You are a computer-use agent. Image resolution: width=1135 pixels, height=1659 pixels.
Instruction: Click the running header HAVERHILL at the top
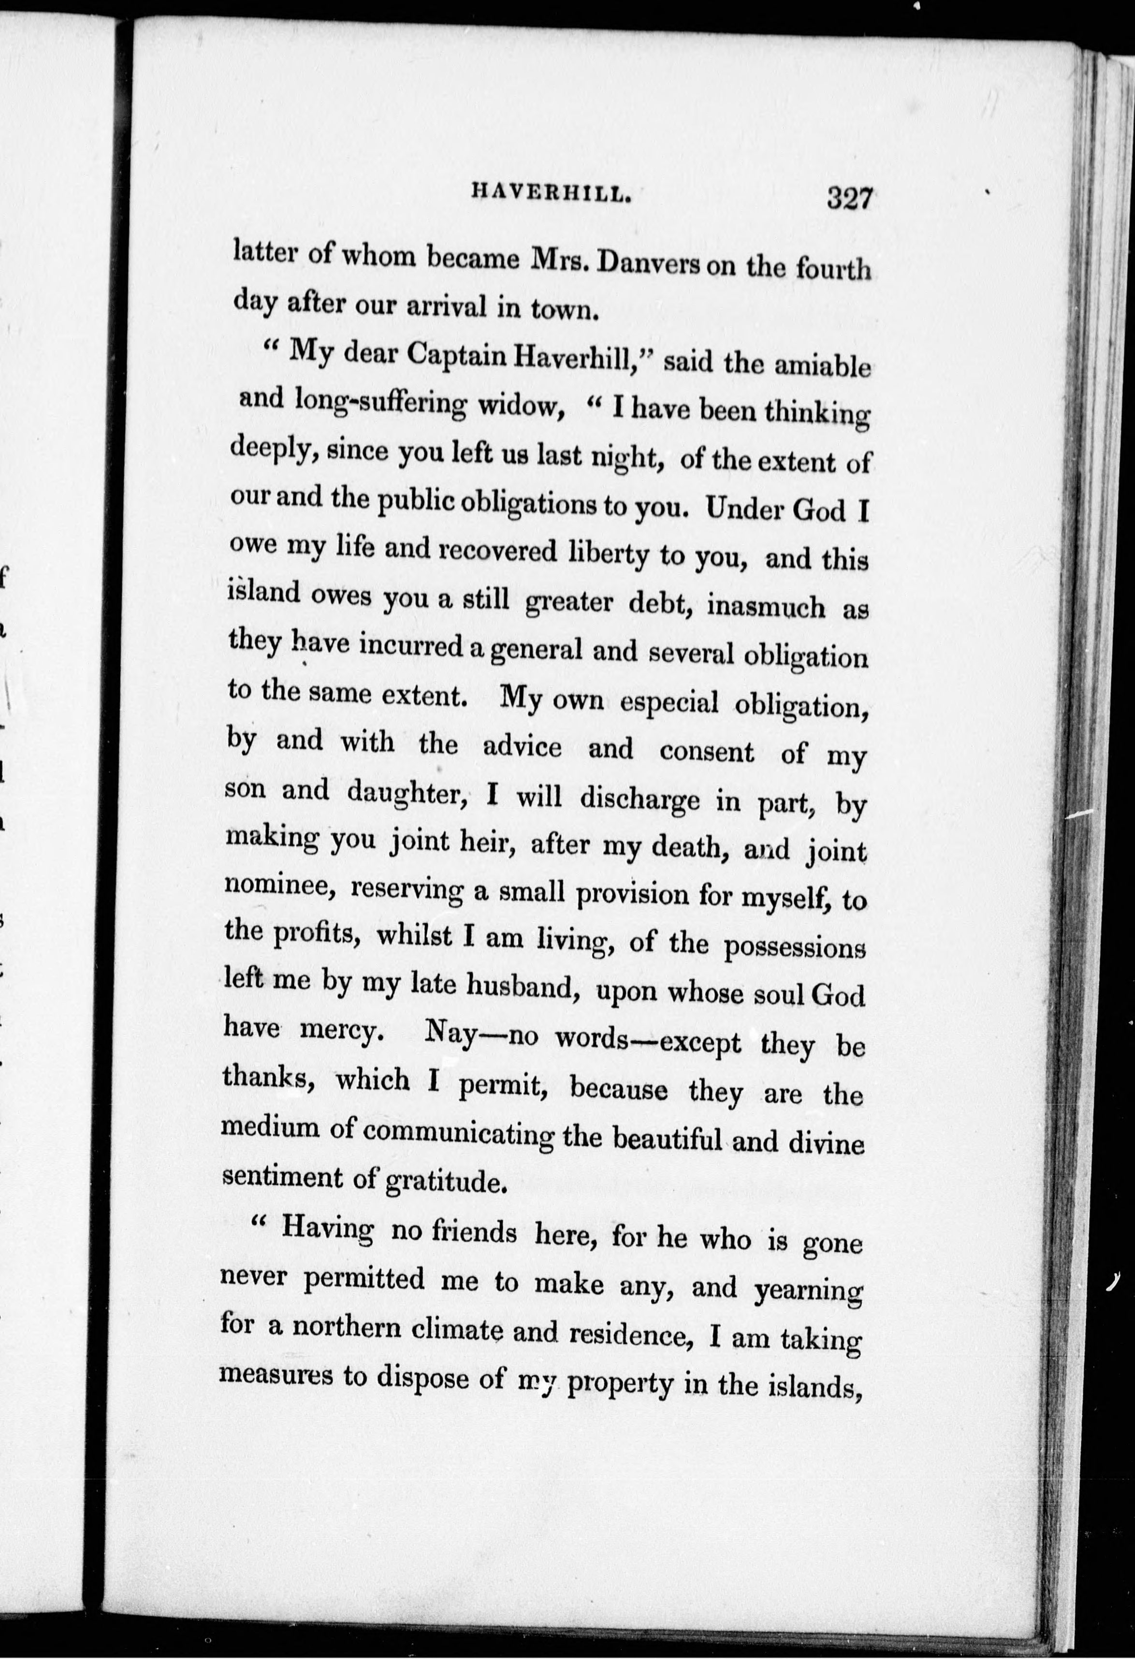[551, 193]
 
